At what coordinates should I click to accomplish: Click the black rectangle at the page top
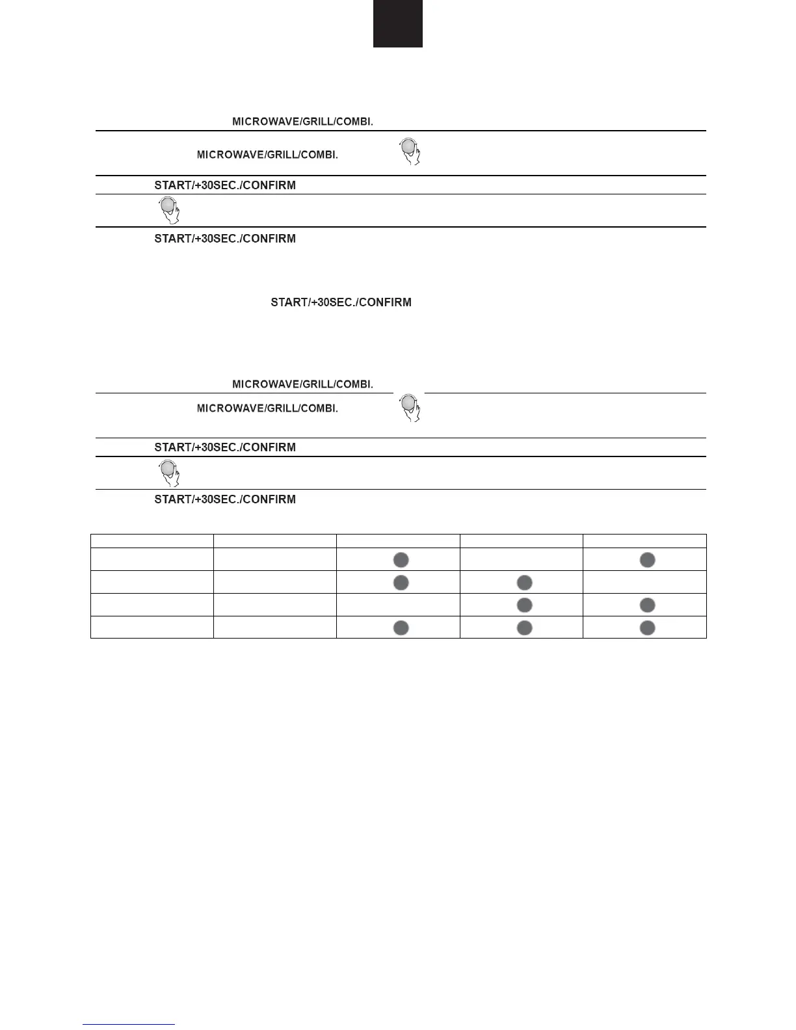[x=397, y=23]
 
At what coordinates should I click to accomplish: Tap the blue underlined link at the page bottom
[x=129, y=1025]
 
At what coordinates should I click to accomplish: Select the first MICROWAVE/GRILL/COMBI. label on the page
[x=302, y=122]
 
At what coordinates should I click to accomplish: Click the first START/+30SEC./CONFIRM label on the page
[x=225, y=185]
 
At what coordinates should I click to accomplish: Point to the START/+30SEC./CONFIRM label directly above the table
[x=225, y=499]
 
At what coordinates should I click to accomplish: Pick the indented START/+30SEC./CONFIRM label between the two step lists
[x=341, y=302]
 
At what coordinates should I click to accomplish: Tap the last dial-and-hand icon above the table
[x=169, y=473]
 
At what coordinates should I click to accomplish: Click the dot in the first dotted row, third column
[x=401, y=560]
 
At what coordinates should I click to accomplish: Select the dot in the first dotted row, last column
[x=647, y=560]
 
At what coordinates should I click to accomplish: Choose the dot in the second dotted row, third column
[x=401, y=583]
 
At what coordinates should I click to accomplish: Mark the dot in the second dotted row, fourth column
[x=524, y=583]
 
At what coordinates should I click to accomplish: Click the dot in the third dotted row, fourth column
[x=524, y=605]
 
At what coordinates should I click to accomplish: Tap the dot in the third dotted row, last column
[x=647, y=605]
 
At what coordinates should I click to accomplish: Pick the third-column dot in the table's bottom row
[x=401, y=627]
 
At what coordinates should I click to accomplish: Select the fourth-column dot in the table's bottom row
[x=524, y=627]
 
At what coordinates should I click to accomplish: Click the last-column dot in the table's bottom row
[x=647, y=627]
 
